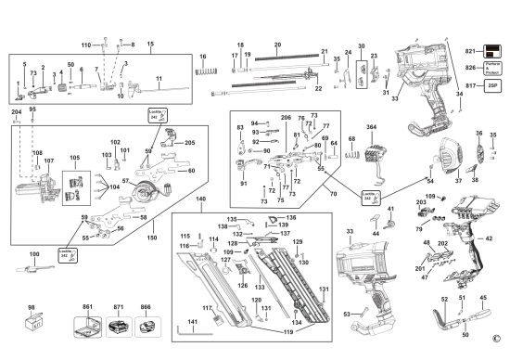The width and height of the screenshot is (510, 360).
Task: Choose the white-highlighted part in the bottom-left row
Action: coord(146,326)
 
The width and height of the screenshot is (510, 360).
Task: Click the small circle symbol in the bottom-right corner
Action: coord(496,340)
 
